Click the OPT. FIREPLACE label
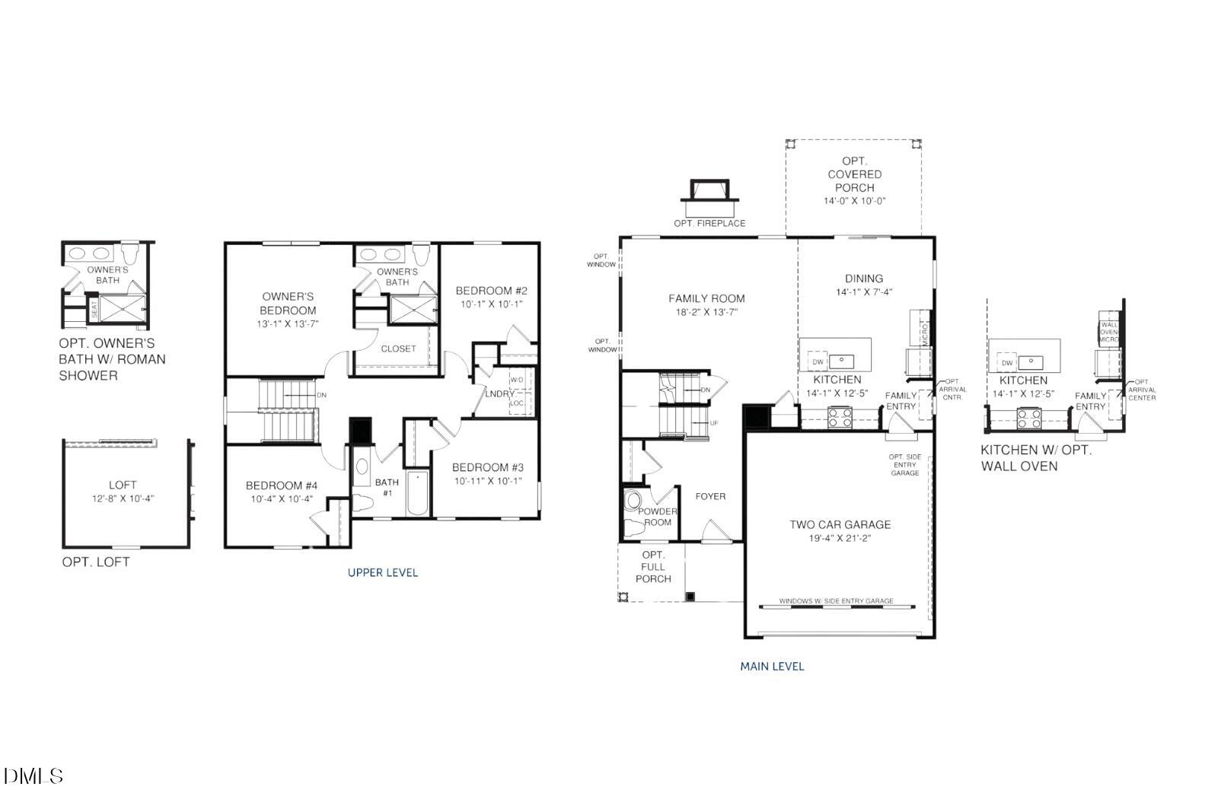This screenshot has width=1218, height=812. point(709,223)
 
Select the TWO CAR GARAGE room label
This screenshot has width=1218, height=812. point(840,524)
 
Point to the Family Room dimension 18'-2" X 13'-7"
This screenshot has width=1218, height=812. point(706,312)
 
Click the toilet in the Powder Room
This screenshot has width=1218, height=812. point(633,502)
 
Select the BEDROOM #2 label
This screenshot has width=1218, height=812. point(491,291)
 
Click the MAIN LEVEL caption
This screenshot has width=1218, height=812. point(772,666)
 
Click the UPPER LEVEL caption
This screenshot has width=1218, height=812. point(382,572)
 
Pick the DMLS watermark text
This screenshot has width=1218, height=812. point(33,776)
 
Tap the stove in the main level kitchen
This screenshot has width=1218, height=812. point(840,417)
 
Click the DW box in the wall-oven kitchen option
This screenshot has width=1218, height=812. point(1006,363)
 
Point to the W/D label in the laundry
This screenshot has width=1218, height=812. point(517,380)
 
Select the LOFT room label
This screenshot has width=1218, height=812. point(123,485)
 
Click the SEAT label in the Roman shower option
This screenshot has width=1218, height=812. point(94,310)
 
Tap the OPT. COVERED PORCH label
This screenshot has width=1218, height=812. point(854,174)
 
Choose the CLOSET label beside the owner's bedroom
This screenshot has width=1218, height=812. point(398,349)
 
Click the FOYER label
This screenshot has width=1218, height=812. point(710,496)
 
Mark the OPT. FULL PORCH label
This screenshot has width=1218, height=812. point(653,567)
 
